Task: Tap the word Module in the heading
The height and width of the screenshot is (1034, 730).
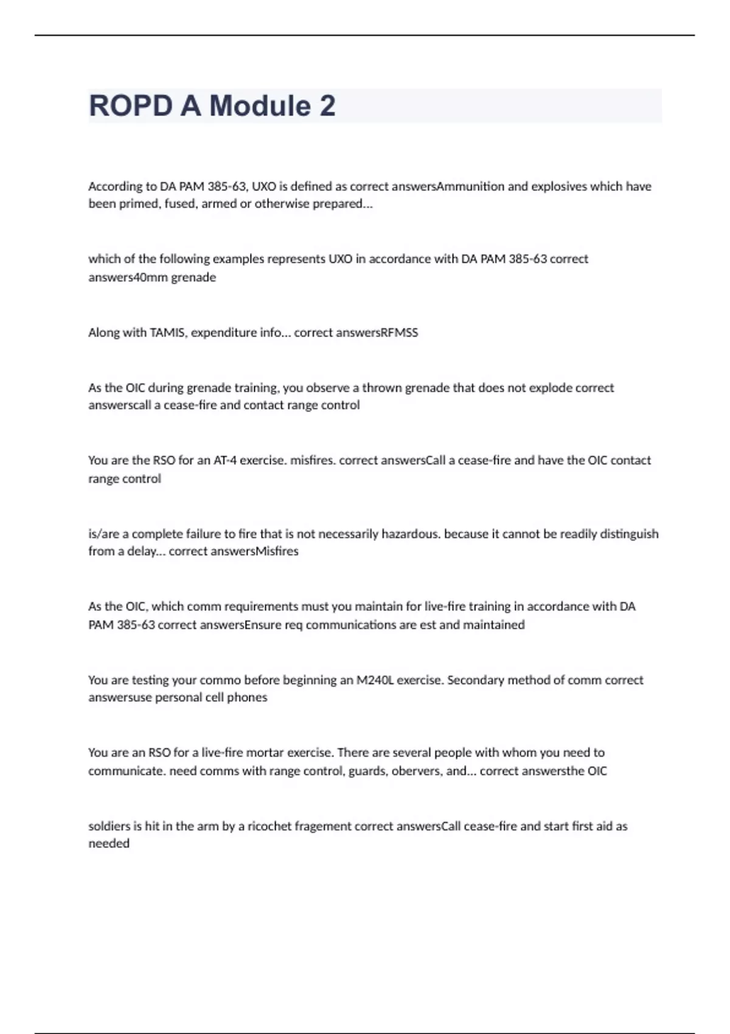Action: (260, 106)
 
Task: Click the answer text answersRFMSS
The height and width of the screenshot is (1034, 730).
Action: (356, 333)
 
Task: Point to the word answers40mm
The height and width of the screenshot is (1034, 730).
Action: (120, 277)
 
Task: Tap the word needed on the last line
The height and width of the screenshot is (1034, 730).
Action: (109, 844)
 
